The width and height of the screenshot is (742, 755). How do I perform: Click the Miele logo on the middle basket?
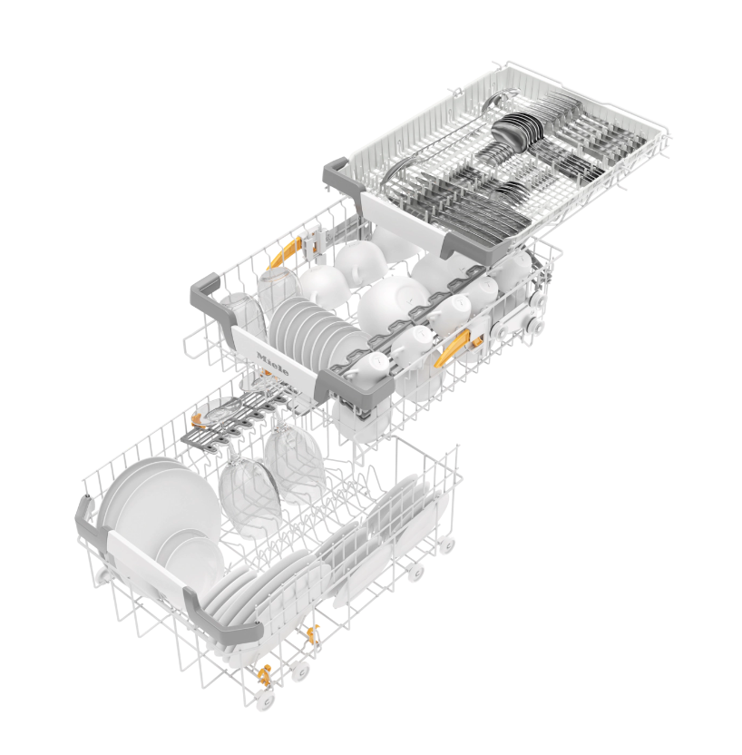pos(273,364)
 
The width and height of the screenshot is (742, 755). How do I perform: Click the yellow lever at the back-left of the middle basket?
pos(285,252)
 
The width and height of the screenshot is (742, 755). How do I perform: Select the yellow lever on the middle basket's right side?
pos(454,348)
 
